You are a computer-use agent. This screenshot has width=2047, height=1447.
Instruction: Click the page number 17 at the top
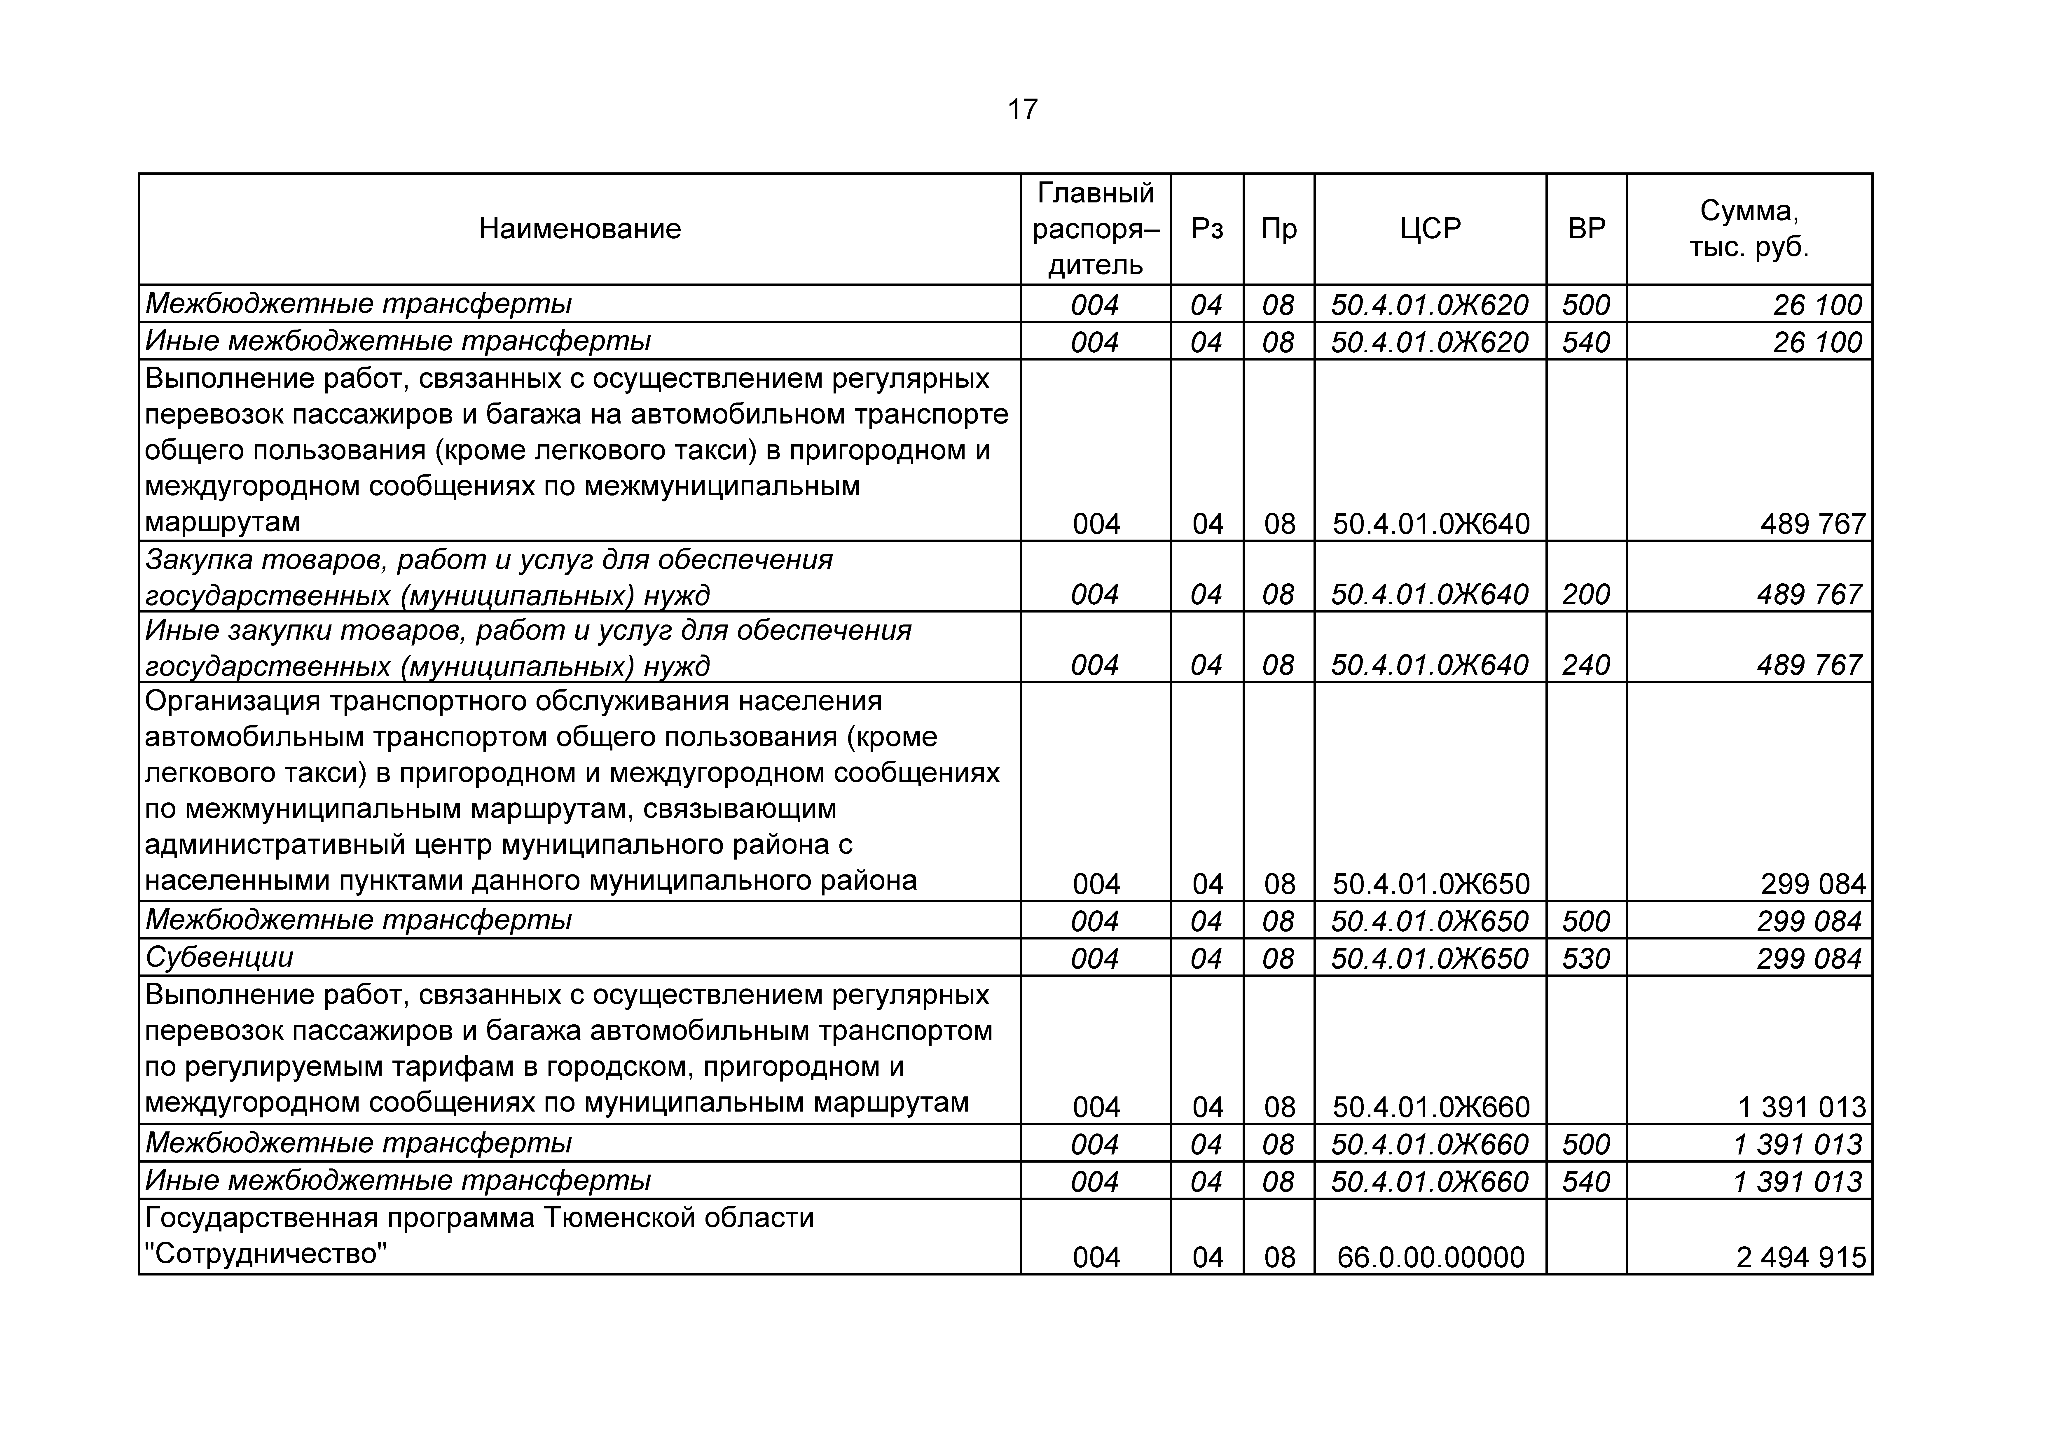[1023, 110]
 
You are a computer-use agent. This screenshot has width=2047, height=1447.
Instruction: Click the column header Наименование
[579, 229]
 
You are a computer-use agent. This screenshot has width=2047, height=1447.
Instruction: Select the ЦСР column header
[1430, 229]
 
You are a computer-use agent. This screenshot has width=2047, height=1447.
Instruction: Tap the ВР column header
[1586, 229]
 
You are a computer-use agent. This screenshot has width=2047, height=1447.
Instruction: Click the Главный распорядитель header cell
[1096, 229]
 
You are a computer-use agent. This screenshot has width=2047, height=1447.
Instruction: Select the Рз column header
[1207, 229]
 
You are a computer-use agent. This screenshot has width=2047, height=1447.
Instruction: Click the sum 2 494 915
[1801, 1257]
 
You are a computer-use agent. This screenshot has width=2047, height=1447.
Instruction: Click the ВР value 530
[1586, 958]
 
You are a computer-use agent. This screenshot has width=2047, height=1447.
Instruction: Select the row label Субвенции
[219, 958]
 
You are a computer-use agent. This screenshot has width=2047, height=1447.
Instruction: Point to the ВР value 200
[1586, 595]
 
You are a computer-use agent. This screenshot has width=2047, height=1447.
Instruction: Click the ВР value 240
[1586, 665]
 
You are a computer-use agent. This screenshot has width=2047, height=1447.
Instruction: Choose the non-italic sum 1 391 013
[1801, 1107]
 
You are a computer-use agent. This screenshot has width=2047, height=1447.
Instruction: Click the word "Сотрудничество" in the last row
[266, 1254]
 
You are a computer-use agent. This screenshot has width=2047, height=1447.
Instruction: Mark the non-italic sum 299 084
[1812, 884]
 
